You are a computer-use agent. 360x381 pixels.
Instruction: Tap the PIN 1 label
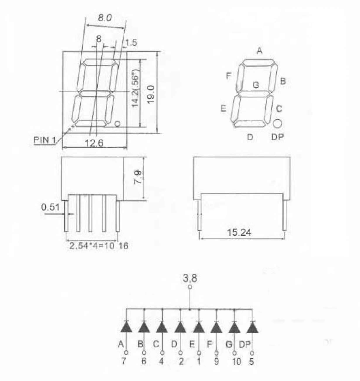coord(44,140)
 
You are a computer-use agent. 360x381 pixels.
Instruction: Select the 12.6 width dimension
coord(94,143)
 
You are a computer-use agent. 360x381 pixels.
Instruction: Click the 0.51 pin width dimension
coord(51,207)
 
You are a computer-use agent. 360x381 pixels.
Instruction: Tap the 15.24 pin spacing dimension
coord(239,232)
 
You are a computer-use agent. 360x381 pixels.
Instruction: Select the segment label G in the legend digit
coord(256,85)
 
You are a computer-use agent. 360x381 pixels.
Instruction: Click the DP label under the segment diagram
coord(278,137)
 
